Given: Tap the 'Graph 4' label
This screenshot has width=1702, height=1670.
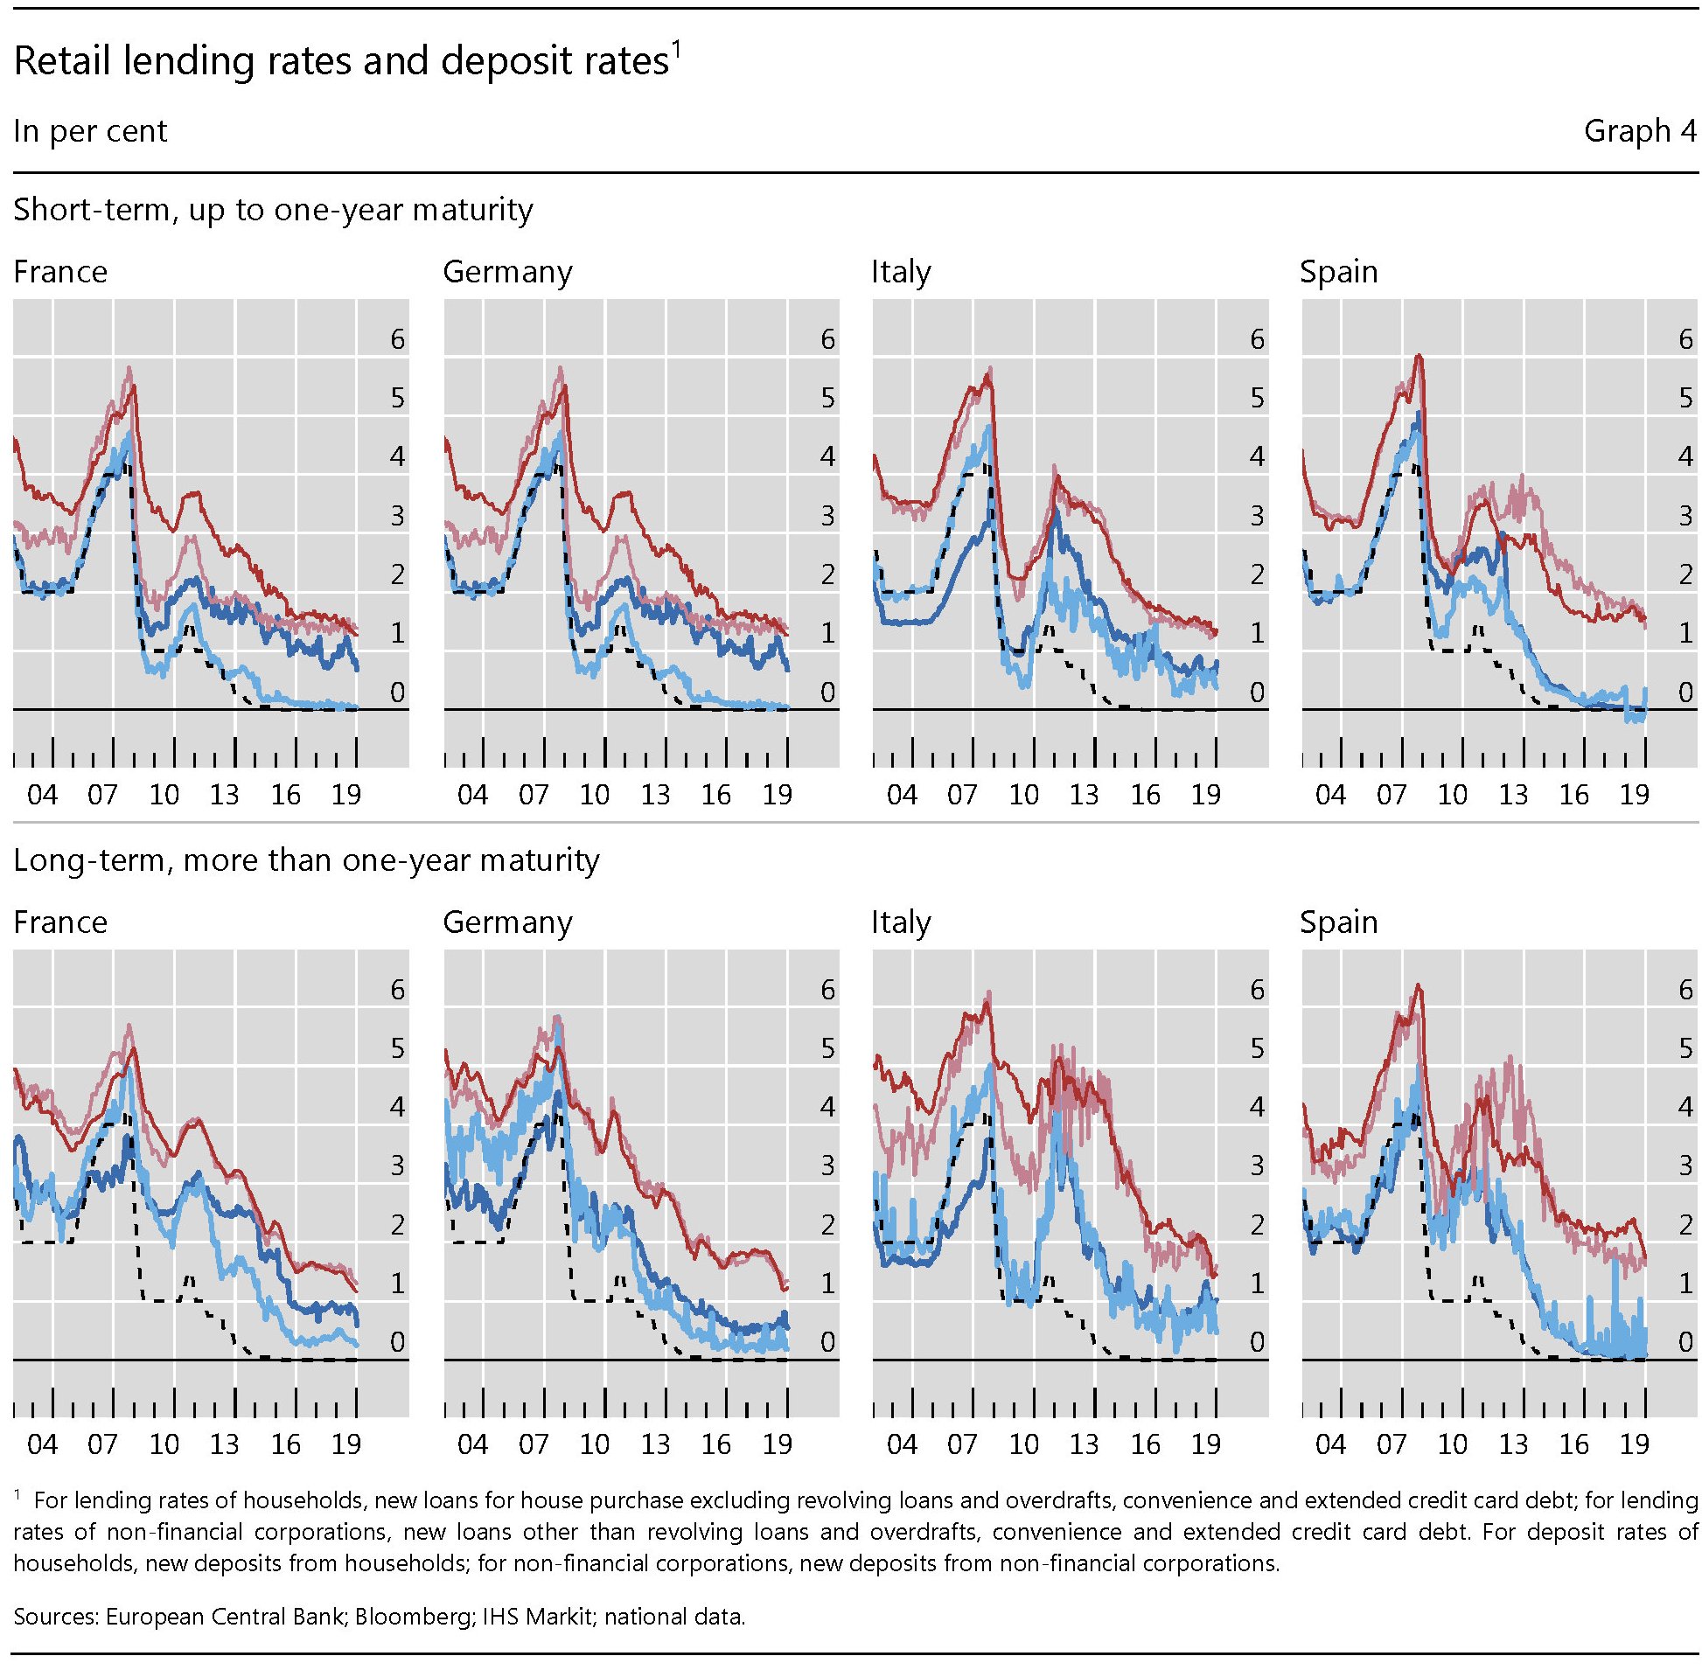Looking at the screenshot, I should tap(1639, 131).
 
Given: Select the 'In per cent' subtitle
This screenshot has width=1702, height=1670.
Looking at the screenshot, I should tap(90, 131).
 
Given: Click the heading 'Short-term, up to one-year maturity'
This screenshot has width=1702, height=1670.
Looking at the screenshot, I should tap(273, 210).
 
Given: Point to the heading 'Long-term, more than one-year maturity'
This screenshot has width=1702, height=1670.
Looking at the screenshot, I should tap(306, 859).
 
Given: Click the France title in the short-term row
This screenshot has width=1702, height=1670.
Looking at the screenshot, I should tap(60, 272).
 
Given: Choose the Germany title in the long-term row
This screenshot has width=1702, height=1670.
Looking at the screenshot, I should tap(507, 922).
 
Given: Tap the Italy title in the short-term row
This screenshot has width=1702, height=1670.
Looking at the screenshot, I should tap(901, 272).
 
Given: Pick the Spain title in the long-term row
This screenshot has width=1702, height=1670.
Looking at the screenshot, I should tap(1339, 922).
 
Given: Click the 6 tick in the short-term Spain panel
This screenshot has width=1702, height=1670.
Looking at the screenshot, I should tap(1685, 339).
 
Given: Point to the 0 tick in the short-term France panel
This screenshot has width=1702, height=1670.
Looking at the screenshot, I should tap(397, 692).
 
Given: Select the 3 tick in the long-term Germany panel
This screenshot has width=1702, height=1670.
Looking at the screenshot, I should tap(827, 1166).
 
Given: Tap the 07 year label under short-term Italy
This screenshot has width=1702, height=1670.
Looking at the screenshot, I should tap(962, 795).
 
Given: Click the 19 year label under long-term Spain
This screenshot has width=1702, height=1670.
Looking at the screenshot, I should tap(1634, 1444).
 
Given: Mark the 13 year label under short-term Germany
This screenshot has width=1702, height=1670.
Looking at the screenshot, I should tap(655, 795).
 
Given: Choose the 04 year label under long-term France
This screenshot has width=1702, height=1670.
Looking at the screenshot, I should tap(42, 1444).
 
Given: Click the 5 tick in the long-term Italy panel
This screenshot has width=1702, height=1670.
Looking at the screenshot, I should tap(1257, 1048).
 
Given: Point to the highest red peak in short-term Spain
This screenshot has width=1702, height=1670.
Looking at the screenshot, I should tap(1419, 356).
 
